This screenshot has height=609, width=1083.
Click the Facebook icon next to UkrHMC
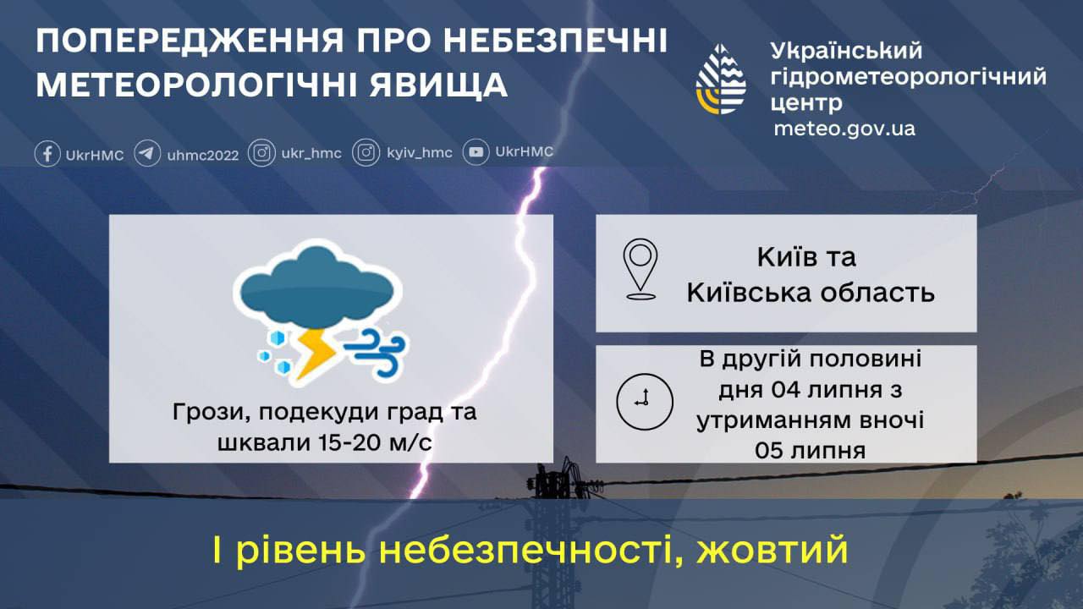point(47,154)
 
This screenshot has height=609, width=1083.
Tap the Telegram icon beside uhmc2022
point(147,154)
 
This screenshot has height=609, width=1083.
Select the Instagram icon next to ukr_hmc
point(261,153)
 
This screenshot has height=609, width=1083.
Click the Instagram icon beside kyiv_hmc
point(366,153)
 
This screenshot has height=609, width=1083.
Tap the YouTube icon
point(476,152)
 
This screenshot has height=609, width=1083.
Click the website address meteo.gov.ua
point(844,129)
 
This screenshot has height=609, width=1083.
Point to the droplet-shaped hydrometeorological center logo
point(721,80)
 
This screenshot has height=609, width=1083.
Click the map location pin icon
point(640,269)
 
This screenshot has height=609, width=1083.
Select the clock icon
point(645,402)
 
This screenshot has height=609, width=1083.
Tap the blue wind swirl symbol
point(377,353)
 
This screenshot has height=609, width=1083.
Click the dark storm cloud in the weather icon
point(317,287)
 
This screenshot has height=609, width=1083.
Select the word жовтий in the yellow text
point(772,551)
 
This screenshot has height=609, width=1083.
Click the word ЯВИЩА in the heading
point(438,85)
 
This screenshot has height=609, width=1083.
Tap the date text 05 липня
point(811,451)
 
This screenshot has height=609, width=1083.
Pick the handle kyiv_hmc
point(420,153)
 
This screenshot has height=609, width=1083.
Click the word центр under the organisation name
point(806,103)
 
